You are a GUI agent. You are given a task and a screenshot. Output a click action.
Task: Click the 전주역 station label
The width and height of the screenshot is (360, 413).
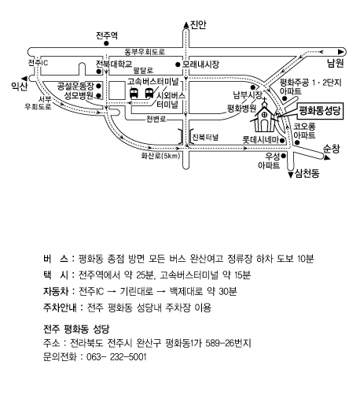(107, 35)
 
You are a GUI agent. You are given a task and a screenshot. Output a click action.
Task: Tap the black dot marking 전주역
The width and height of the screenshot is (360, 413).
(106, 43)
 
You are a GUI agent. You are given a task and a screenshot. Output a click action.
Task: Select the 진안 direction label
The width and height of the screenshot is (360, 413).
(198, 24)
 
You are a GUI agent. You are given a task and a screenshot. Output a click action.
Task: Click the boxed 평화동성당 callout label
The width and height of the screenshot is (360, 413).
(320, 111)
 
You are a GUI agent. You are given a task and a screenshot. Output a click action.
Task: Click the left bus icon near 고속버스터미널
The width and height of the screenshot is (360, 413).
(134, 94)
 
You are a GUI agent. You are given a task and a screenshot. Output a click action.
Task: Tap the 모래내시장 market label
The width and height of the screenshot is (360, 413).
(200, 65)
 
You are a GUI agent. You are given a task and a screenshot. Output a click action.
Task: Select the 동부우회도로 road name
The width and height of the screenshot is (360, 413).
(145, 52)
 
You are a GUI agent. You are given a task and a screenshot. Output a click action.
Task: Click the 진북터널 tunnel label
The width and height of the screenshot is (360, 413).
(205, 137)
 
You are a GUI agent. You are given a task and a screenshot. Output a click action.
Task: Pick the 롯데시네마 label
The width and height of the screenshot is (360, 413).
(260, 140)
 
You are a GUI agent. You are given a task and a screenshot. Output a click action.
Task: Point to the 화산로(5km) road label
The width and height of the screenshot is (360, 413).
(160, 156)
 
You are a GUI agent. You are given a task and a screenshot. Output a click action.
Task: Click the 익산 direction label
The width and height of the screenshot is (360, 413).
(19, 86)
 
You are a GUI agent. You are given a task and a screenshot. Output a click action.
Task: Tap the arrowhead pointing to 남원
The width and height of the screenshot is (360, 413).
(341, 52)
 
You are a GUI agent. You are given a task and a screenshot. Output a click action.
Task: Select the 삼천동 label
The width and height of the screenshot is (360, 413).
(307, 173)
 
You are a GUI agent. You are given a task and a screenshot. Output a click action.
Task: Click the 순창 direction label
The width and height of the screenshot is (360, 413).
(332, 149)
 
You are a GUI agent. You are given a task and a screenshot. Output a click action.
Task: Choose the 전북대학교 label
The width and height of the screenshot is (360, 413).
(114, 64)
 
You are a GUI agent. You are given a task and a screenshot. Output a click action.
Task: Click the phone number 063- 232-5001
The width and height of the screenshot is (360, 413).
(116, 357)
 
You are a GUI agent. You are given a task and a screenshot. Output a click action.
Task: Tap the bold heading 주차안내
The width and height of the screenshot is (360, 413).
(60, 308)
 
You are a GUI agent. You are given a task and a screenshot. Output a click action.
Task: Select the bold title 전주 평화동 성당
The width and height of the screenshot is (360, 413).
(76, 329)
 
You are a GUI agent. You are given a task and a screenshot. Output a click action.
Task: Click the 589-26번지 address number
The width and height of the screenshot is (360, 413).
(228, 343)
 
